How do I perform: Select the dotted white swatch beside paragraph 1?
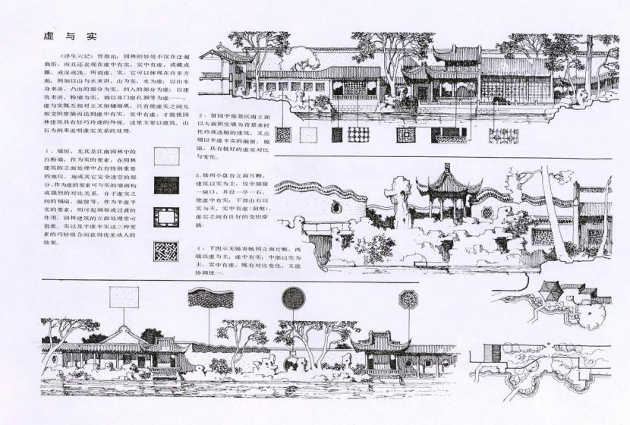(x=166, y=156)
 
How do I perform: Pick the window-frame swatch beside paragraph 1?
(x=166, y=218)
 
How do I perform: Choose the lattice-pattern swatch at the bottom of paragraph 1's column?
(x=166, y=250)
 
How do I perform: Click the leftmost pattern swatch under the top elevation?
(x=283, y=134)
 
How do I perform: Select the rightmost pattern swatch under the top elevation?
(x=503, y=135)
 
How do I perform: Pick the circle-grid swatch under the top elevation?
(x=358, y=134)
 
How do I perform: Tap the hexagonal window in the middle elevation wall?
(x=487, y=213)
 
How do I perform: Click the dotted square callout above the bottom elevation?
(x=124, y=296)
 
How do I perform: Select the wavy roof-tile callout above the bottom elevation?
(x=209, y=298)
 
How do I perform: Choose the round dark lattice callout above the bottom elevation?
(x=294, y=298)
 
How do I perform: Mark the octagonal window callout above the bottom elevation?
(x=409, y=300)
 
